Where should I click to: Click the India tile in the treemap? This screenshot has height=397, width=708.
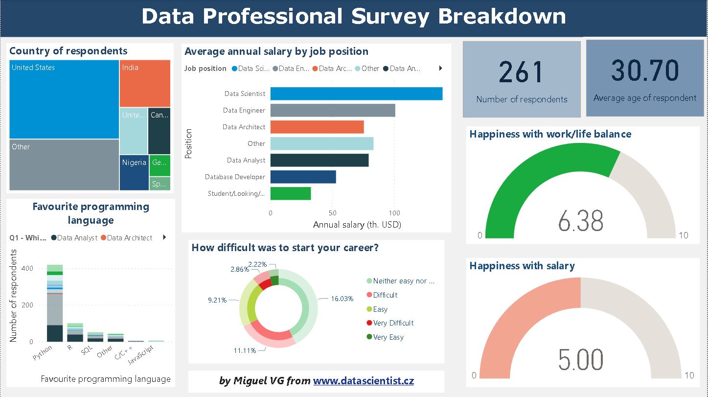[145, 83]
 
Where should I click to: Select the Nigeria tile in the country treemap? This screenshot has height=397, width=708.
[135, 172]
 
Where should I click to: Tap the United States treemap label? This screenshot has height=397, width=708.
[33, 68]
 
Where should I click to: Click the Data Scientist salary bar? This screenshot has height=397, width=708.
[356, 93]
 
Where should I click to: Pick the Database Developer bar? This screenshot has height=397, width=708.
[303, 177]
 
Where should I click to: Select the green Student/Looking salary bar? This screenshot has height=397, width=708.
[291, 193]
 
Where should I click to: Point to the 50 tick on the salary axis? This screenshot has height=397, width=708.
[332, 213]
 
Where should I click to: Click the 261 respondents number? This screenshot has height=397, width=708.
[522, 72]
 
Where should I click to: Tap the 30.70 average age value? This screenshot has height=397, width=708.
[644, 70]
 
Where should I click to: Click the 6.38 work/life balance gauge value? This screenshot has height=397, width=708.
[581, 221]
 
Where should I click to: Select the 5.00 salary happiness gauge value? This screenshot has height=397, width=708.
[581, 360]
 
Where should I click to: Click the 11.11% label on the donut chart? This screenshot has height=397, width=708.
[245, 350]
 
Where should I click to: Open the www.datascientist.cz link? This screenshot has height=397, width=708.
[363, 381]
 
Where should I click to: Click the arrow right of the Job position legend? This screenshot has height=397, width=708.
[440, 69]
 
